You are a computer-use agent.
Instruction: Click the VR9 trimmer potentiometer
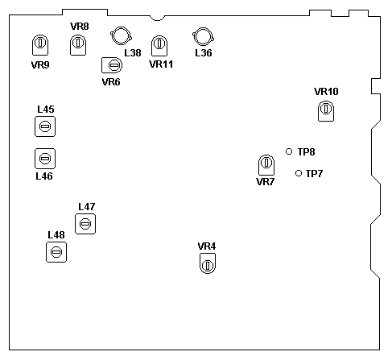pos(40,45)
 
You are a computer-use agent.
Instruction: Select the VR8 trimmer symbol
pos(78,45)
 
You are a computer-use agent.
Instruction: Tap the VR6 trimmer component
pos(112,65)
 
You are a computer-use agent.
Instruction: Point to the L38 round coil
pos(121,35)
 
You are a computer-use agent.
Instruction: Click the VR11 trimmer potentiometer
pos(159,46)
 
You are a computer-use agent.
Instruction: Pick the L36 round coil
pos(203,36)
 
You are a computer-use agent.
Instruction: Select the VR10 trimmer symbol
pos(326,111)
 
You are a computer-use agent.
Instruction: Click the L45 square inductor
pos(45,126)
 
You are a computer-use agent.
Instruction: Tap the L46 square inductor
pos(45,159)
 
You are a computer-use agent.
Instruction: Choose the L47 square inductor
pos(85,224)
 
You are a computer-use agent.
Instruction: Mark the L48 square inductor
pos(56,252)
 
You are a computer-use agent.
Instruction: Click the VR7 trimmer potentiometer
pos(266,165)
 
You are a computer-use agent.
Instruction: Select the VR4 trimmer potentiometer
pos(208,263)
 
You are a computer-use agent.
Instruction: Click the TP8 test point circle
pos(289,151)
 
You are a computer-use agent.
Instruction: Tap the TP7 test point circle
pos(299,173)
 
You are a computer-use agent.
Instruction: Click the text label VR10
pos(326,92)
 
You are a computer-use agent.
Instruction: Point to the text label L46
pos(44,176)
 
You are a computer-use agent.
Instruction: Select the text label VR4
pos(207,246)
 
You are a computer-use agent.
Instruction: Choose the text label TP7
pos(314,174)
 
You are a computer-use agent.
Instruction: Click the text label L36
pos(204,53)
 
